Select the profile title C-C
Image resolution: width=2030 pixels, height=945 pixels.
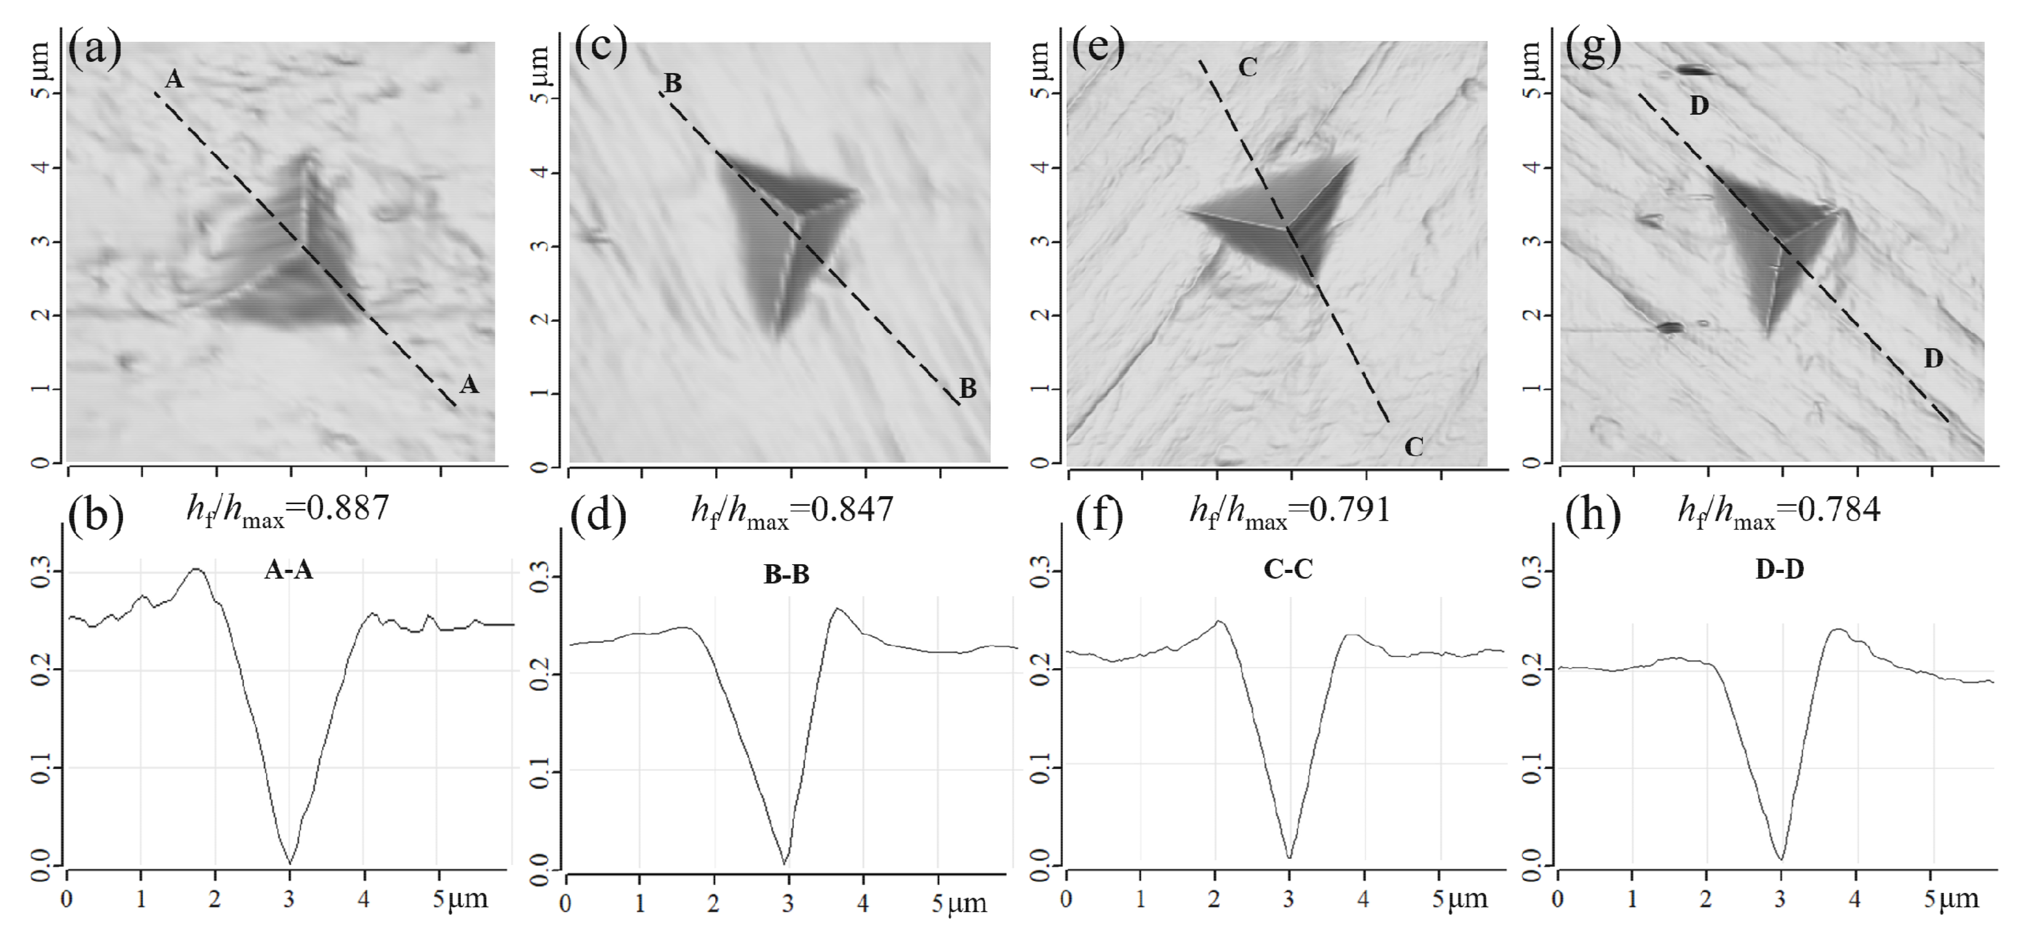pos(1288,570)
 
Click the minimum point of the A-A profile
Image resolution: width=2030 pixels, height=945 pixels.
pos(290,863)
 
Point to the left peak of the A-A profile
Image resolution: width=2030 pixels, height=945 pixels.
pos(197,570)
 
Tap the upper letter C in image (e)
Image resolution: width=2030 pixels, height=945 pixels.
pos(1247,68)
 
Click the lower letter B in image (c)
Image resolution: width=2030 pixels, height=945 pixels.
pos(968,388)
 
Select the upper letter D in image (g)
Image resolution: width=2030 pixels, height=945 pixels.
pos(1699,106)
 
